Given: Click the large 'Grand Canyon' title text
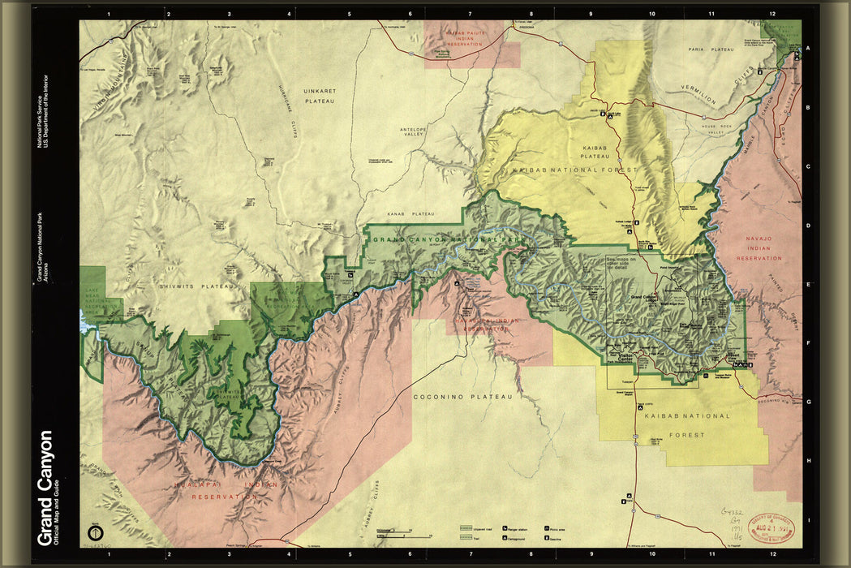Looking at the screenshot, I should click(46, 487).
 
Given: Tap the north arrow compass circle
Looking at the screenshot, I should click(95, 533).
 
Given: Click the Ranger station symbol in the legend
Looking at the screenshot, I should click(505, 527).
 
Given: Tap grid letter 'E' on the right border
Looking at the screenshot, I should click(808, 286).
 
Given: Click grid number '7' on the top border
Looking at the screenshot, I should click(471, 14).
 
